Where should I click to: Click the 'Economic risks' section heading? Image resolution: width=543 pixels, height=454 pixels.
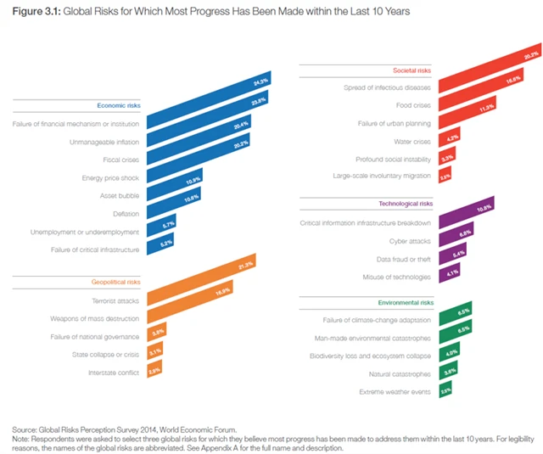click(119, 105)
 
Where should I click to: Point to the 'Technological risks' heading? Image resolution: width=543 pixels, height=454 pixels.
click(406, 204)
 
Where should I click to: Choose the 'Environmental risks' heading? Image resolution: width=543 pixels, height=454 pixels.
click(406, 302)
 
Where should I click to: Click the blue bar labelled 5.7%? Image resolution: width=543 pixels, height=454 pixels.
click(161, 227)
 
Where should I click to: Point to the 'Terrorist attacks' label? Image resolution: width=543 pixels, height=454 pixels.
click(116, 300)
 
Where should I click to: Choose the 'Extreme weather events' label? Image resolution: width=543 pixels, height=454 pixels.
click(395, 391)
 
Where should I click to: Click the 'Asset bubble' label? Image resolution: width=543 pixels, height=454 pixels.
click(119, 194)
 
